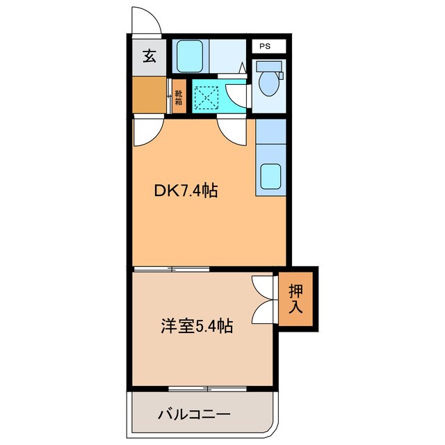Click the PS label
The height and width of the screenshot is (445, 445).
tap(265, 46)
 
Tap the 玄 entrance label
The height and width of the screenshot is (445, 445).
tap(149, 56)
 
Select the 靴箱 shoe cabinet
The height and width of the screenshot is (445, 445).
tap(179, 96)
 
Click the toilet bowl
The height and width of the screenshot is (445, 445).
tap(269, 83)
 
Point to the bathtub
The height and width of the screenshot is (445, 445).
tap(190, 56)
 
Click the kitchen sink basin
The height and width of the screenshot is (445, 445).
tap(270, 176)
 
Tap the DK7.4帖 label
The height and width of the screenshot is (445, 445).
tap(186, 191)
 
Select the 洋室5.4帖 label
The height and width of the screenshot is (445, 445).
tap(197, 326)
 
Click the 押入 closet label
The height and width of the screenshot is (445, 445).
tap(296, 298)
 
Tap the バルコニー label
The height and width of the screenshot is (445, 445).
tap(194, 414)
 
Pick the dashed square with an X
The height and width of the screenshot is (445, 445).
tap(207, 98)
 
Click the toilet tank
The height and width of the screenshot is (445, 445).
tap(269, 67)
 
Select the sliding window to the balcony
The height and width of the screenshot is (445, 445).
tap(207, 389)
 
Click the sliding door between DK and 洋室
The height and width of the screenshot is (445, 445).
tap(172, 269)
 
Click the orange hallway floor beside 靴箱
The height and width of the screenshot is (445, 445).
tap(149, 95)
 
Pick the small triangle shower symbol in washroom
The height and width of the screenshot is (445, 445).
tap(243, 67)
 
